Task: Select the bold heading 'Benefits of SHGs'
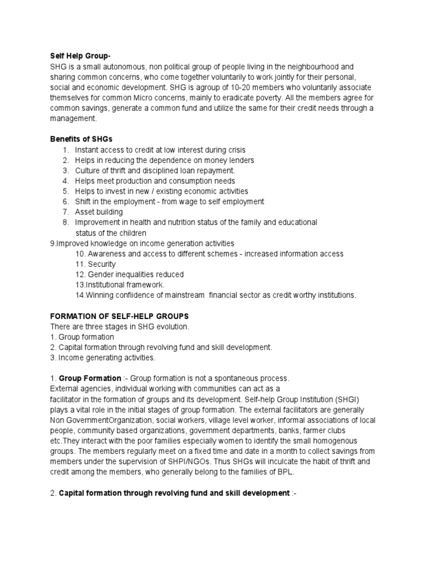coord(82,139)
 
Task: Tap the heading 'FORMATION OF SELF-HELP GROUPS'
coord(120,316)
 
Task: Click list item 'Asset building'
coord(99,212)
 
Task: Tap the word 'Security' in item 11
coord(102,264)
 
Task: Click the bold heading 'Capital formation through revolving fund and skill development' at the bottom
coord(174,493)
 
